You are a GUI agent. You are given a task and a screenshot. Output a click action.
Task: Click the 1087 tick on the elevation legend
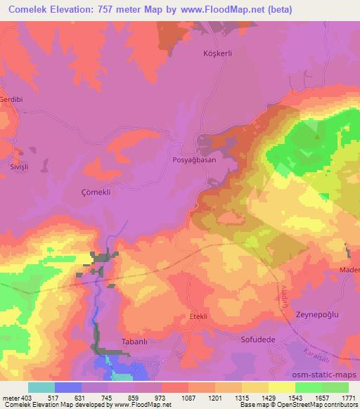tap(188, 398)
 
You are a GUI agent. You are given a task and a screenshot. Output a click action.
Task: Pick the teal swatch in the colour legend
tap(41, 387)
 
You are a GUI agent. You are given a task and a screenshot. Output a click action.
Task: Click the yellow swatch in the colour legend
tap(282, 387)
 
